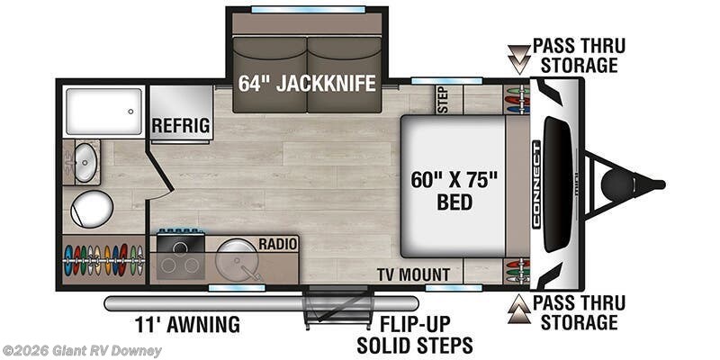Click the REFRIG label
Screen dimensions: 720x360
(x=181, y=125)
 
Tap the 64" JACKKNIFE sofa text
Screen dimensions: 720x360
(x=307, y=83)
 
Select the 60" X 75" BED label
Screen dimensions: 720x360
(x=454, y=191)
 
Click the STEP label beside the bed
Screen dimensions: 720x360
(x=444, y=100)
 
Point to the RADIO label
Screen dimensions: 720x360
(x=278, y=244)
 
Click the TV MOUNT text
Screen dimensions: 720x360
(x=413, y=274)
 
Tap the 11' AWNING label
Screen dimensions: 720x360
(x=187, y=325)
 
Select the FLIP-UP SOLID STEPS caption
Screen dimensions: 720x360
(x=415, y=334)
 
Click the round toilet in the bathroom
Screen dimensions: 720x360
(x=92, y=209)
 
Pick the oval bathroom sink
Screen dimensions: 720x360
(x=85, y=162)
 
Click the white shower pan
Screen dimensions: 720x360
(x=103, y=112)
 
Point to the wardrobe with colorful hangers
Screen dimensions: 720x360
(x=103, y=260)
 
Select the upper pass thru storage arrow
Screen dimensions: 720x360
(x=519, y=59)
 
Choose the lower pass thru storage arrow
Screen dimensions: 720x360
(x=519, y=310)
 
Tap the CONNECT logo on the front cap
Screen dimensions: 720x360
(x=536, y=184)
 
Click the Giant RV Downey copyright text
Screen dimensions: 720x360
(x=81, y=351)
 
